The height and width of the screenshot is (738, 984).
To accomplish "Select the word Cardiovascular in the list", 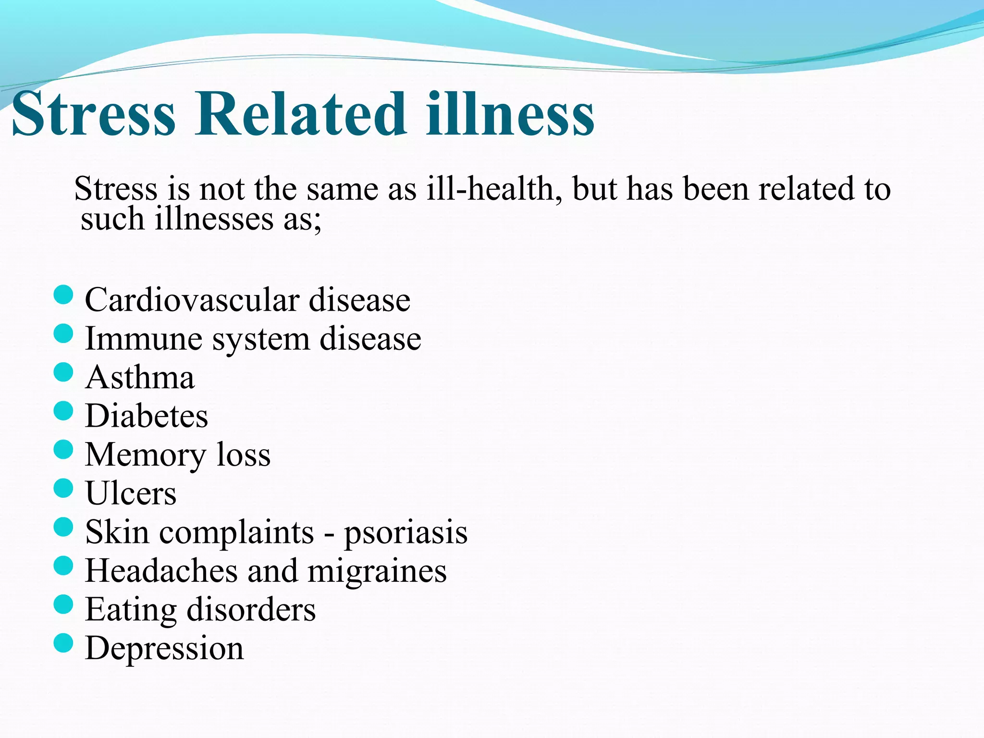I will (192, 300).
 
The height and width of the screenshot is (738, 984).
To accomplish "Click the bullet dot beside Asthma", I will (63, 372).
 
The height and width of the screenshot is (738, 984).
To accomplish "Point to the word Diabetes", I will (147, 416).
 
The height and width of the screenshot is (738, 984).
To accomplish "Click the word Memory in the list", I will (146, 455).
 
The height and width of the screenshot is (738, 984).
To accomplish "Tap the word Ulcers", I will (131, 493).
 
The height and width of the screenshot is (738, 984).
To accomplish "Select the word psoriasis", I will (406, 533).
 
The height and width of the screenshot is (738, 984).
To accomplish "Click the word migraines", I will (377, 571).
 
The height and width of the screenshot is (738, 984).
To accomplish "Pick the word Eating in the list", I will (131, 610).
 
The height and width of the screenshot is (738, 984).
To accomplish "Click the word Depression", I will (164, 649).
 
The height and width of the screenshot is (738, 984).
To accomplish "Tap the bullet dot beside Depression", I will (63, 643).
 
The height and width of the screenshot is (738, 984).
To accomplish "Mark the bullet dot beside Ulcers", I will (63, 488).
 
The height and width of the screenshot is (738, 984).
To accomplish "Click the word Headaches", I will (161, 571).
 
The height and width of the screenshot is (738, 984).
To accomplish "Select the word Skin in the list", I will (117, 532).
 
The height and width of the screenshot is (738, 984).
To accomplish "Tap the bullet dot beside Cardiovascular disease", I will (63, 295).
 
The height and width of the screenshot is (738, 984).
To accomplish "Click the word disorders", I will (251, 610).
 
